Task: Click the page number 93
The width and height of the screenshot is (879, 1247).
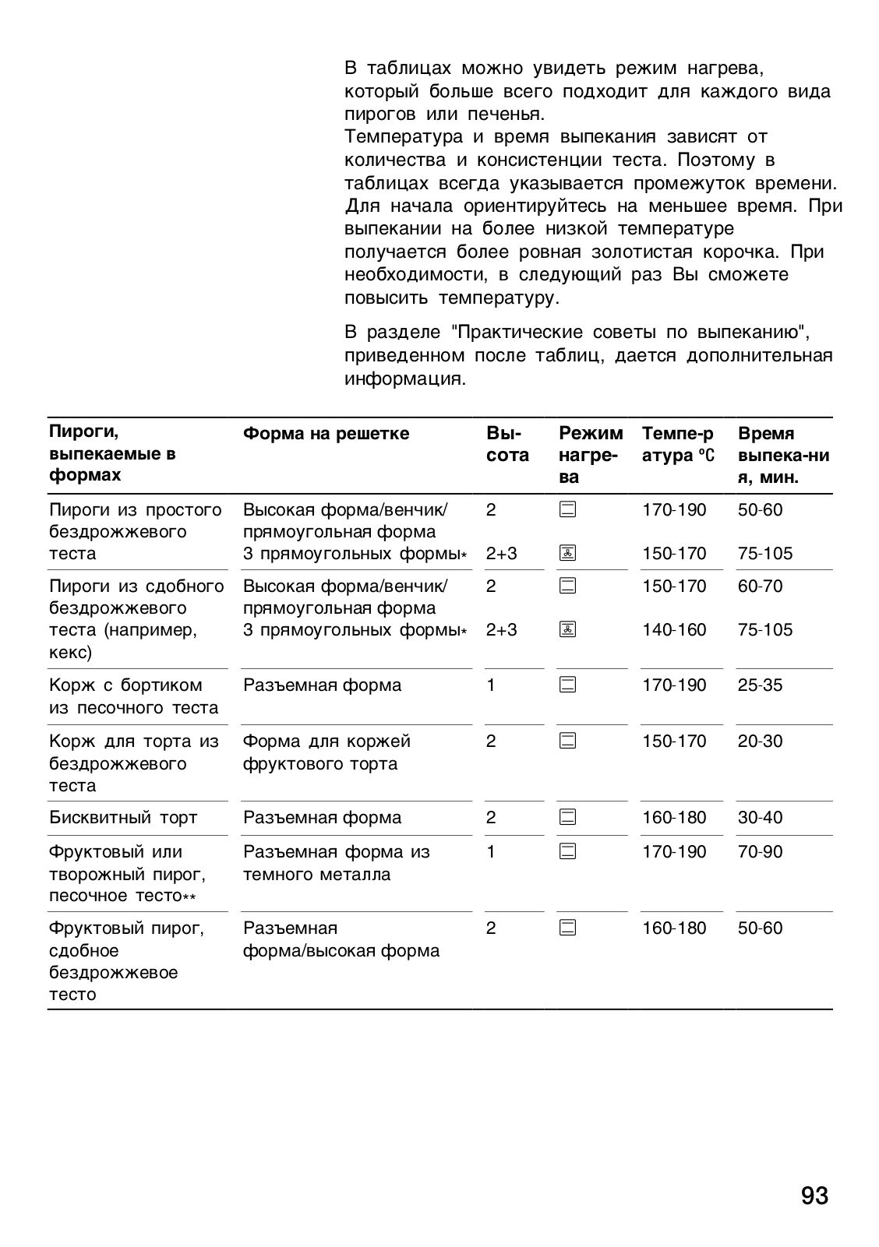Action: click(x=814, y=1196)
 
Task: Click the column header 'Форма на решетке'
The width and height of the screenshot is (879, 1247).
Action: click(x=326, y=434)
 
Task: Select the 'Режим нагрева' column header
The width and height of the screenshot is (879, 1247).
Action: click(x=590, y=455)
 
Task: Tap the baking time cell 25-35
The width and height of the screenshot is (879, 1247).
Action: click(x=760, y=685)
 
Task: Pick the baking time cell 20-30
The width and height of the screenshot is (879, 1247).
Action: click(x=760, y=742)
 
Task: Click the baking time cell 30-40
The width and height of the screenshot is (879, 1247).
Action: click(x=760, y=818)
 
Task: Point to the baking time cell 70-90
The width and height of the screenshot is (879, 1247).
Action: click(x=760, y=852)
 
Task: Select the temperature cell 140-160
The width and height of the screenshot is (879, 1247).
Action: click(x=674, y=630)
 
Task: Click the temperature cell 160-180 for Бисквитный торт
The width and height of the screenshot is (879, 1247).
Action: click(x=674, y=818)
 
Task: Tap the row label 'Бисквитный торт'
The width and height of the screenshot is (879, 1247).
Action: click(x=123, y=818)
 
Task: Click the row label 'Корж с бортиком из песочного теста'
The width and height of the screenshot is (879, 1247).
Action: click(x=133, y=696)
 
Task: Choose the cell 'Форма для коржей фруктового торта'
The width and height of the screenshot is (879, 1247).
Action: click(x=327, y=752)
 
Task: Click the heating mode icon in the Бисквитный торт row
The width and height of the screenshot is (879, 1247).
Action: click(x=568, y=818)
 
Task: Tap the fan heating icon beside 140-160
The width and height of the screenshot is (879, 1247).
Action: click(x=568, y=630)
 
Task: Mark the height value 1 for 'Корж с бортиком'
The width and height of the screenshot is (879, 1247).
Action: click(x=491, y=685)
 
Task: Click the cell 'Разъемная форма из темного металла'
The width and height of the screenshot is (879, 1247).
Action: click(x=336, y=863)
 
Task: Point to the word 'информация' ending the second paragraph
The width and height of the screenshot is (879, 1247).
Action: click(x=404, y=379)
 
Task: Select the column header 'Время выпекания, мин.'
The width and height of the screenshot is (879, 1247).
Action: click(x=782, y=455)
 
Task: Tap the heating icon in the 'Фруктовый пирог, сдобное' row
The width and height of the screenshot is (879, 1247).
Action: click(x=568, y=928)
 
